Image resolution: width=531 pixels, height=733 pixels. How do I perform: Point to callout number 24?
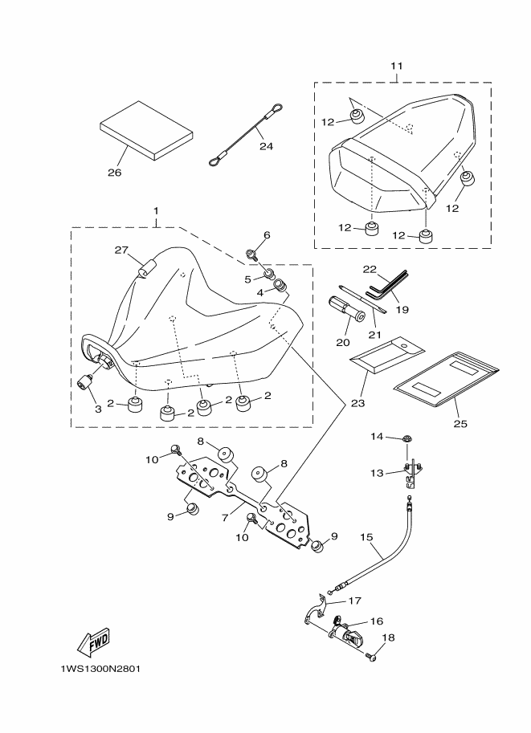[267, 147]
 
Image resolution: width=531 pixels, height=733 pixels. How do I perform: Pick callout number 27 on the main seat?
[121, 250]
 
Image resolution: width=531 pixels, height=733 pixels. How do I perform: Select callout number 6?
[267, 235]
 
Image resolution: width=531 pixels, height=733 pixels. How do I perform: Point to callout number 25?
[460, 422]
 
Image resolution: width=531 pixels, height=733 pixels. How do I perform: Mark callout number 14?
[378, 438]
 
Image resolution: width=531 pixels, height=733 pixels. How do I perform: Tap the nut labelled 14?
[407, 439]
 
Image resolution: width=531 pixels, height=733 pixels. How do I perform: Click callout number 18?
[390, 638]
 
